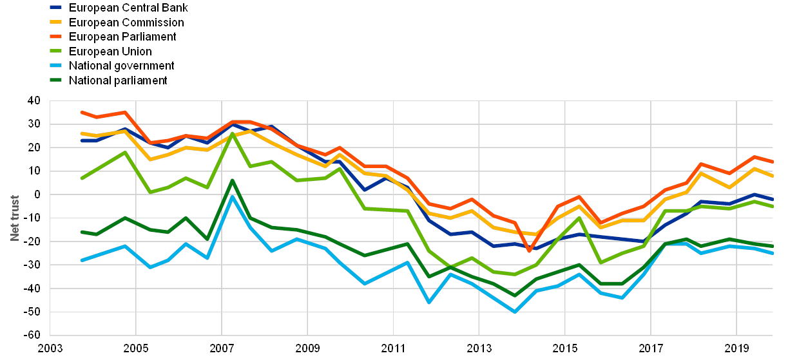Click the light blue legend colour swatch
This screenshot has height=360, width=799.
tap(56, 66)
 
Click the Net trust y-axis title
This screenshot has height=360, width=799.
tap(15, 218)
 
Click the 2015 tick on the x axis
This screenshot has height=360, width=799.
tap(565, 348)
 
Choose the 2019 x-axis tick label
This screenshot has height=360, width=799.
tap(737, 348)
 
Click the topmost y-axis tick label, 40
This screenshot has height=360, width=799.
tap(34, 100)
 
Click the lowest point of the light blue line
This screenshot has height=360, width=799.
tap(514, 312)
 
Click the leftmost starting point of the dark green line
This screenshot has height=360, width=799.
tap(82, 232)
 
